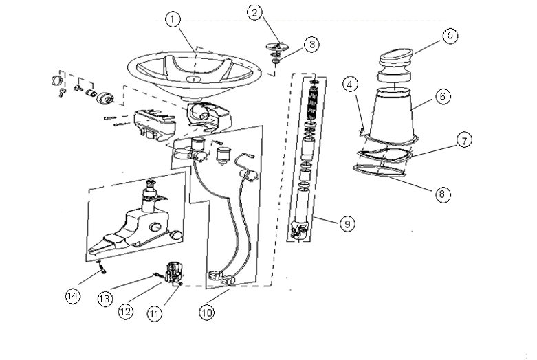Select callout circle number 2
(x=254, y=12)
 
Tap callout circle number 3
(x=312, y=45)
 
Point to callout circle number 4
(x=351, y=85)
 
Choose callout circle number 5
(x=450, y=36)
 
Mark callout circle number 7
(x=465, y=141)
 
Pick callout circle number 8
(x=443, y=194)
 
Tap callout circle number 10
(x=206, y=312)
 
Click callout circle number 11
(x=154, y=313)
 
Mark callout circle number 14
(x=73, y=296)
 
